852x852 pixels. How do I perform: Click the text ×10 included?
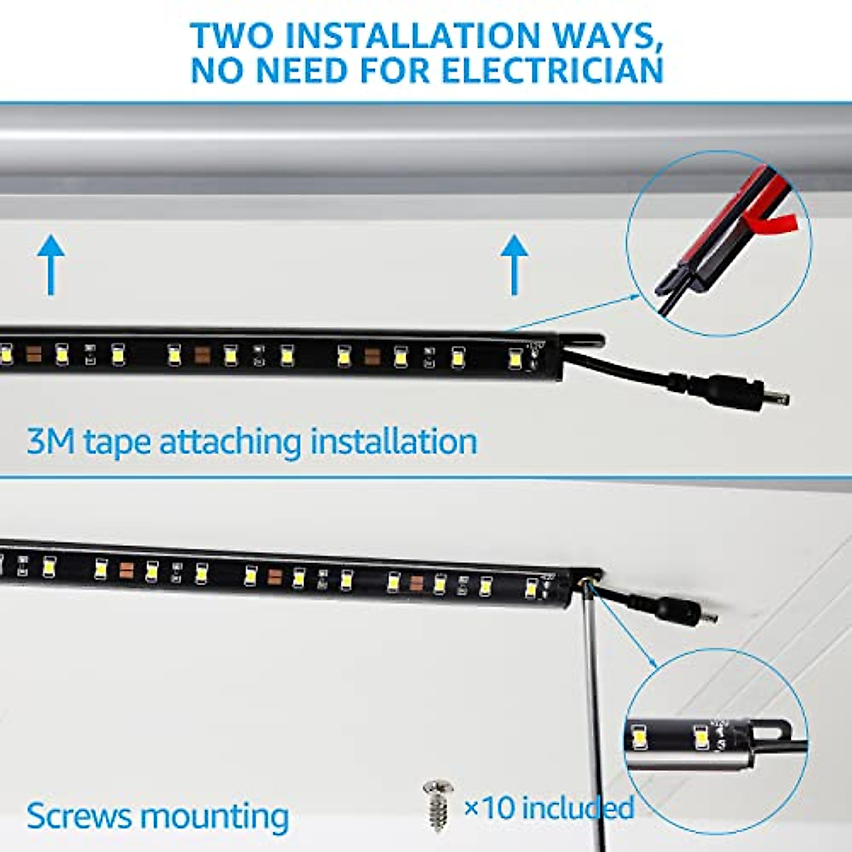click(549, 807)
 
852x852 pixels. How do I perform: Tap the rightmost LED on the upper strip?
click(515, 359)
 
